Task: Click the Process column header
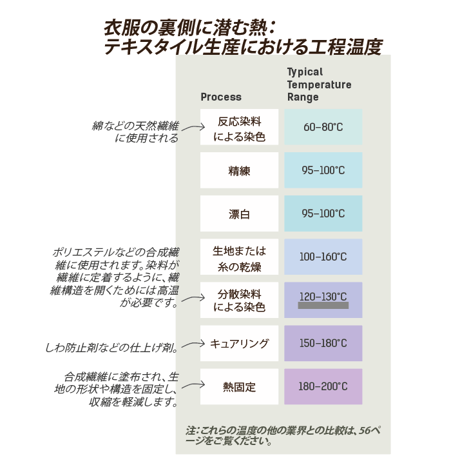(x=221, y=97)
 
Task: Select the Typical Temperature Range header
(x=319, y=84)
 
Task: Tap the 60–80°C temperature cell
(x=323, y=127)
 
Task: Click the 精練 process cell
(x=239, y=170)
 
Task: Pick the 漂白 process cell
(x=239, y=213)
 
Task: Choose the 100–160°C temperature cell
(x=323, y=257)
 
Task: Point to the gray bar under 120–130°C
(x=323, y=306)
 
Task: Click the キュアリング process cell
(x=239, y=343)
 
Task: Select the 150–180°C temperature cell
(x=323, y=343)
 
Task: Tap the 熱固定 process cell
(x=239, y=387)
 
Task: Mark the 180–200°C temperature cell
(x=323, y=387)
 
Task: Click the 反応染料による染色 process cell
(x=239, y=127)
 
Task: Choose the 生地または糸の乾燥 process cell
(x=239, y=257)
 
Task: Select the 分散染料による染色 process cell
(x=239, y=300)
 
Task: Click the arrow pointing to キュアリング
(x=192, y=345)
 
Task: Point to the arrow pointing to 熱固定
(x=193, y=387)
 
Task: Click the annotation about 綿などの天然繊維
(x=136, y=132)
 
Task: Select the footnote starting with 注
(x=282, y=436)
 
